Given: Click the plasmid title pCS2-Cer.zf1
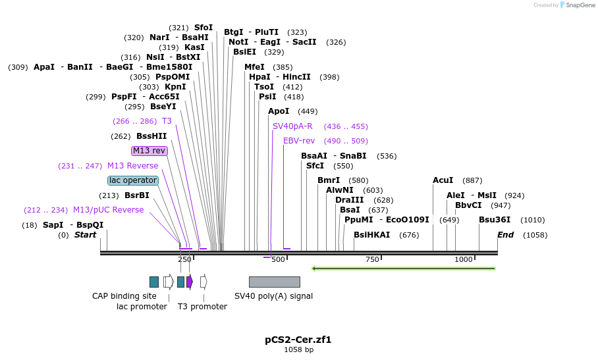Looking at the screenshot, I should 298,340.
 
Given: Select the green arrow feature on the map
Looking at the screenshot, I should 403,269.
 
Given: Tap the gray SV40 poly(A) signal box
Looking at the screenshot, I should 274,282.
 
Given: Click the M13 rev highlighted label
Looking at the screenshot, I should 149,151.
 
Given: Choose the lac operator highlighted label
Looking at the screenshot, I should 133,180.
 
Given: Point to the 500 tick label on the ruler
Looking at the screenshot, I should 278,259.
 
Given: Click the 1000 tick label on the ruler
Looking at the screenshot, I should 464,259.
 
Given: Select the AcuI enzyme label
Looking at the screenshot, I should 443,180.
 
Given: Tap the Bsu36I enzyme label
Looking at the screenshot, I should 495,220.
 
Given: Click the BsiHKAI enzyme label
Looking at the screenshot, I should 372,235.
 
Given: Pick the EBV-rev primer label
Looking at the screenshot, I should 299,141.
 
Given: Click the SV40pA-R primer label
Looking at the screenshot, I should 292,126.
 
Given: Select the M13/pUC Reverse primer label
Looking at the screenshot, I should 108,210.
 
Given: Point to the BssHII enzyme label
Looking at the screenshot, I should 151,136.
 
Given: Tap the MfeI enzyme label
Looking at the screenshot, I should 254,67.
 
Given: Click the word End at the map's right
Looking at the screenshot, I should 505,235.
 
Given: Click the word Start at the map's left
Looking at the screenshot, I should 85,235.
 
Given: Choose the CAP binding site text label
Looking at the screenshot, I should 124,296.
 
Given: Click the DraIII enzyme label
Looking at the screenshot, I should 350,200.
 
